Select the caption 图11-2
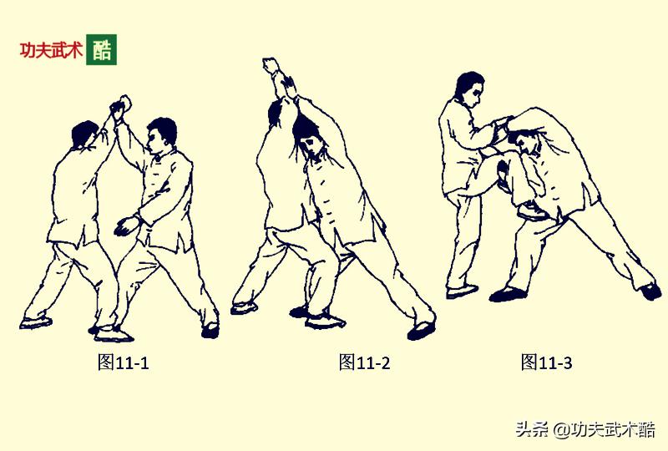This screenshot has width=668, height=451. pyautogui.click(x=364, y=362)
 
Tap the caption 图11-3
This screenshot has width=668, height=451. pyautogui.click(x=546, y=362)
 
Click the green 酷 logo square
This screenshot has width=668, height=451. pyautogui.click(x=101, y=49)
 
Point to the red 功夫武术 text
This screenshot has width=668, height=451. pyautogui.click(x=51, y=50)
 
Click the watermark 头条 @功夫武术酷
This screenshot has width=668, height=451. pyautogui.click(x=584, y=430)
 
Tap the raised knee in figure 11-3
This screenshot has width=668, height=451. pyautogui.click(x=504, y=166)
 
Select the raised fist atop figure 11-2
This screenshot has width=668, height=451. pyautogui.click(x=271, y=66)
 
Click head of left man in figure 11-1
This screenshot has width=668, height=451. pyautogui.click(x=84, y=135)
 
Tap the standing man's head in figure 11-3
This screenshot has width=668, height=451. pyautogui.click(x=469, y=88)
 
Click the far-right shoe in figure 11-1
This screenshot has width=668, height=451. pyautogui.click(x=210, y=329)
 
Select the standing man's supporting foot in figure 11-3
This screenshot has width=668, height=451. pyautogui.click(x=461, y=291)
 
